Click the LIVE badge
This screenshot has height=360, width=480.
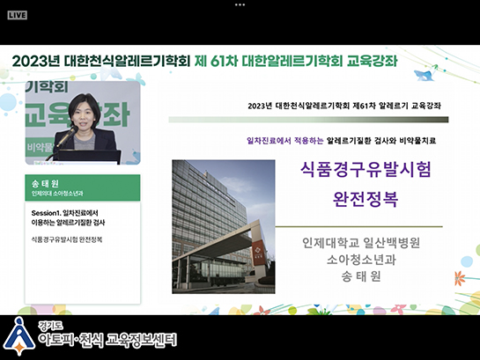tap(18, 15)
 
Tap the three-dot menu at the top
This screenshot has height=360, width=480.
tap(240, 4)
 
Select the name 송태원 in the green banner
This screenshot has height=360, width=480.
tap(45, 183)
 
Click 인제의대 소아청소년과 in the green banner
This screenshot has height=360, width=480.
tap(57, 194)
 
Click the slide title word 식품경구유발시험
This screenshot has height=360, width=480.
tap(366, 169)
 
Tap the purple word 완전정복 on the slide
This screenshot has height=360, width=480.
tap(366, 199)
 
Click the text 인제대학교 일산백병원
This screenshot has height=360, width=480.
tap(361, 243)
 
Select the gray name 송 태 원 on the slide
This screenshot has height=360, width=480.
tap(361, 276)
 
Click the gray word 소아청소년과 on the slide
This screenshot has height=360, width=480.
tap(361, 260)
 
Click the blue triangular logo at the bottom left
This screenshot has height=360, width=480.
tap(19, 336)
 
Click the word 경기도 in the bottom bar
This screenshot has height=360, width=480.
tap(50, 326)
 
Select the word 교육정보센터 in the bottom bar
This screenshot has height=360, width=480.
tap(141, 340)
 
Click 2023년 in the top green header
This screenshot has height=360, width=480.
tap(36, 61)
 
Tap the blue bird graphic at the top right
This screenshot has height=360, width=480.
tap(425, 73)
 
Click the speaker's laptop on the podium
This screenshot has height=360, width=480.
tap(89, 157)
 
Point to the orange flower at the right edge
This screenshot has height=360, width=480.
tap(459, 278)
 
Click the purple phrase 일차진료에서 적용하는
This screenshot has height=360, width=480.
tap(285, 141)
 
